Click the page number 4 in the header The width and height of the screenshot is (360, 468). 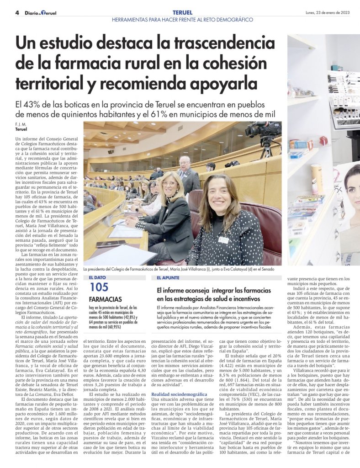pyautogui.click(x=17, y=13)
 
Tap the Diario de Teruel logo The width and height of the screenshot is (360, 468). pyautogui.click(x=42, y=13)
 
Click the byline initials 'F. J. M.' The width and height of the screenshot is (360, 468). pyautogui.click(x=21, y=124)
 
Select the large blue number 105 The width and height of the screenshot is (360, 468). pyautogui.click(x=99, y=287)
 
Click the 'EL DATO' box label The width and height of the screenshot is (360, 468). pyautogui.click(x=98, y=277)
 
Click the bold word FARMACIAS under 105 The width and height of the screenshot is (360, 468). pyautogui.click(x=106, y=299)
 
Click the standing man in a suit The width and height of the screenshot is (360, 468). pyautogui.click(x=188, y=174)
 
